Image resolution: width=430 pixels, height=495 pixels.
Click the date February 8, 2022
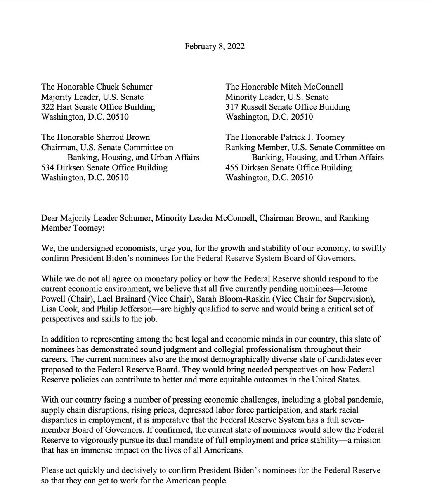click(215, 46)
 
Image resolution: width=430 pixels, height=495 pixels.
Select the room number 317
click(232, 107)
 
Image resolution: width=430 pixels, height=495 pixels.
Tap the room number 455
click(232, 167)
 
